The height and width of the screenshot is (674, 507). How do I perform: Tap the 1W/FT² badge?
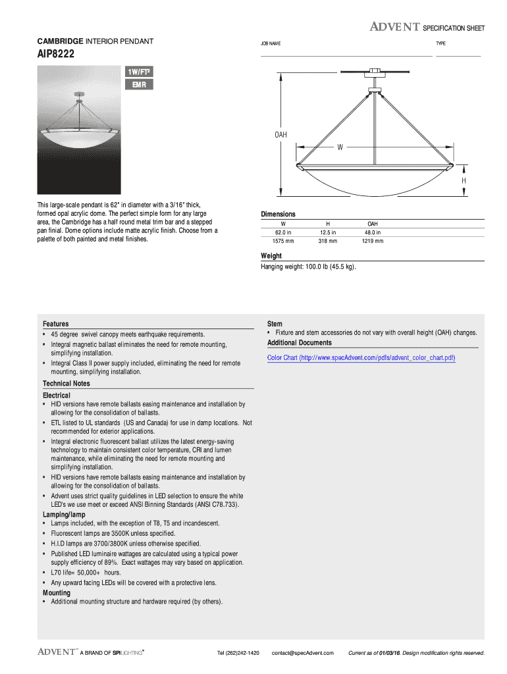[x=139, y=72]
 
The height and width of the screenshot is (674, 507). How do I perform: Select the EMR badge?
[x=139, y=85]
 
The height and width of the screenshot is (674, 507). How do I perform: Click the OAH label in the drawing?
[x=280, y=135]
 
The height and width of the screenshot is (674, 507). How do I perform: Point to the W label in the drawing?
[x=340, y=147]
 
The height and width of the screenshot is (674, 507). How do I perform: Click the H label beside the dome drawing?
[x=464, y=180]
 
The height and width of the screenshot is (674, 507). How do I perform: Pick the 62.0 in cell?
[x=284, y=232]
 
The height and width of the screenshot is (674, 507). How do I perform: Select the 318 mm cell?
[x=327, y=241]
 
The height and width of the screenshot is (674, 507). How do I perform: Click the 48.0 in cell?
[x=372, y=232]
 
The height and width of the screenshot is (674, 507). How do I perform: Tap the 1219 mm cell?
[x=372, y=241]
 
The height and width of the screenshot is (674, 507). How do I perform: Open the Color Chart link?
[x=361, y=357]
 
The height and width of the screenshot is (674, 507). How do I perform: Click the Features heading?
[x=56, y=324]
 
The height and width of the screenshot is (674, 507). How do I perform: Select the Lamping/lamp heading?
[x=64, y=514]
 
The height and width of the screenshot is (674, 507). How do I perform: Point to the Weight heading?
[x=271, y=255]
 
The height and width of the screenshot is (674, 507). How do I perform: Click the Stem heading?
[x=275, y=324]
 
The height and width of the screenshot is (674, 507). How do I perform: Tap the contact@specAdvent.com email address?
[x=303, y=653]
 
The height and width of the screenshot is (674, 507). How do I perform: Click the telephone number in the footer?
[x=238, y=653]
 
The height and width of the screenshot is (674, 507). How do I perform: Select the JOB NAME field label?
[x=271, y=43]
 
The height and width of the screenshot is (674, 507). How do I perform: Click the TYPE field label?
[x=440, y=43]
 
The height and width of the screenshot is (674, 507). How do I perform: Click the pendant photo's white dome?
[x=79, y=140]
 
